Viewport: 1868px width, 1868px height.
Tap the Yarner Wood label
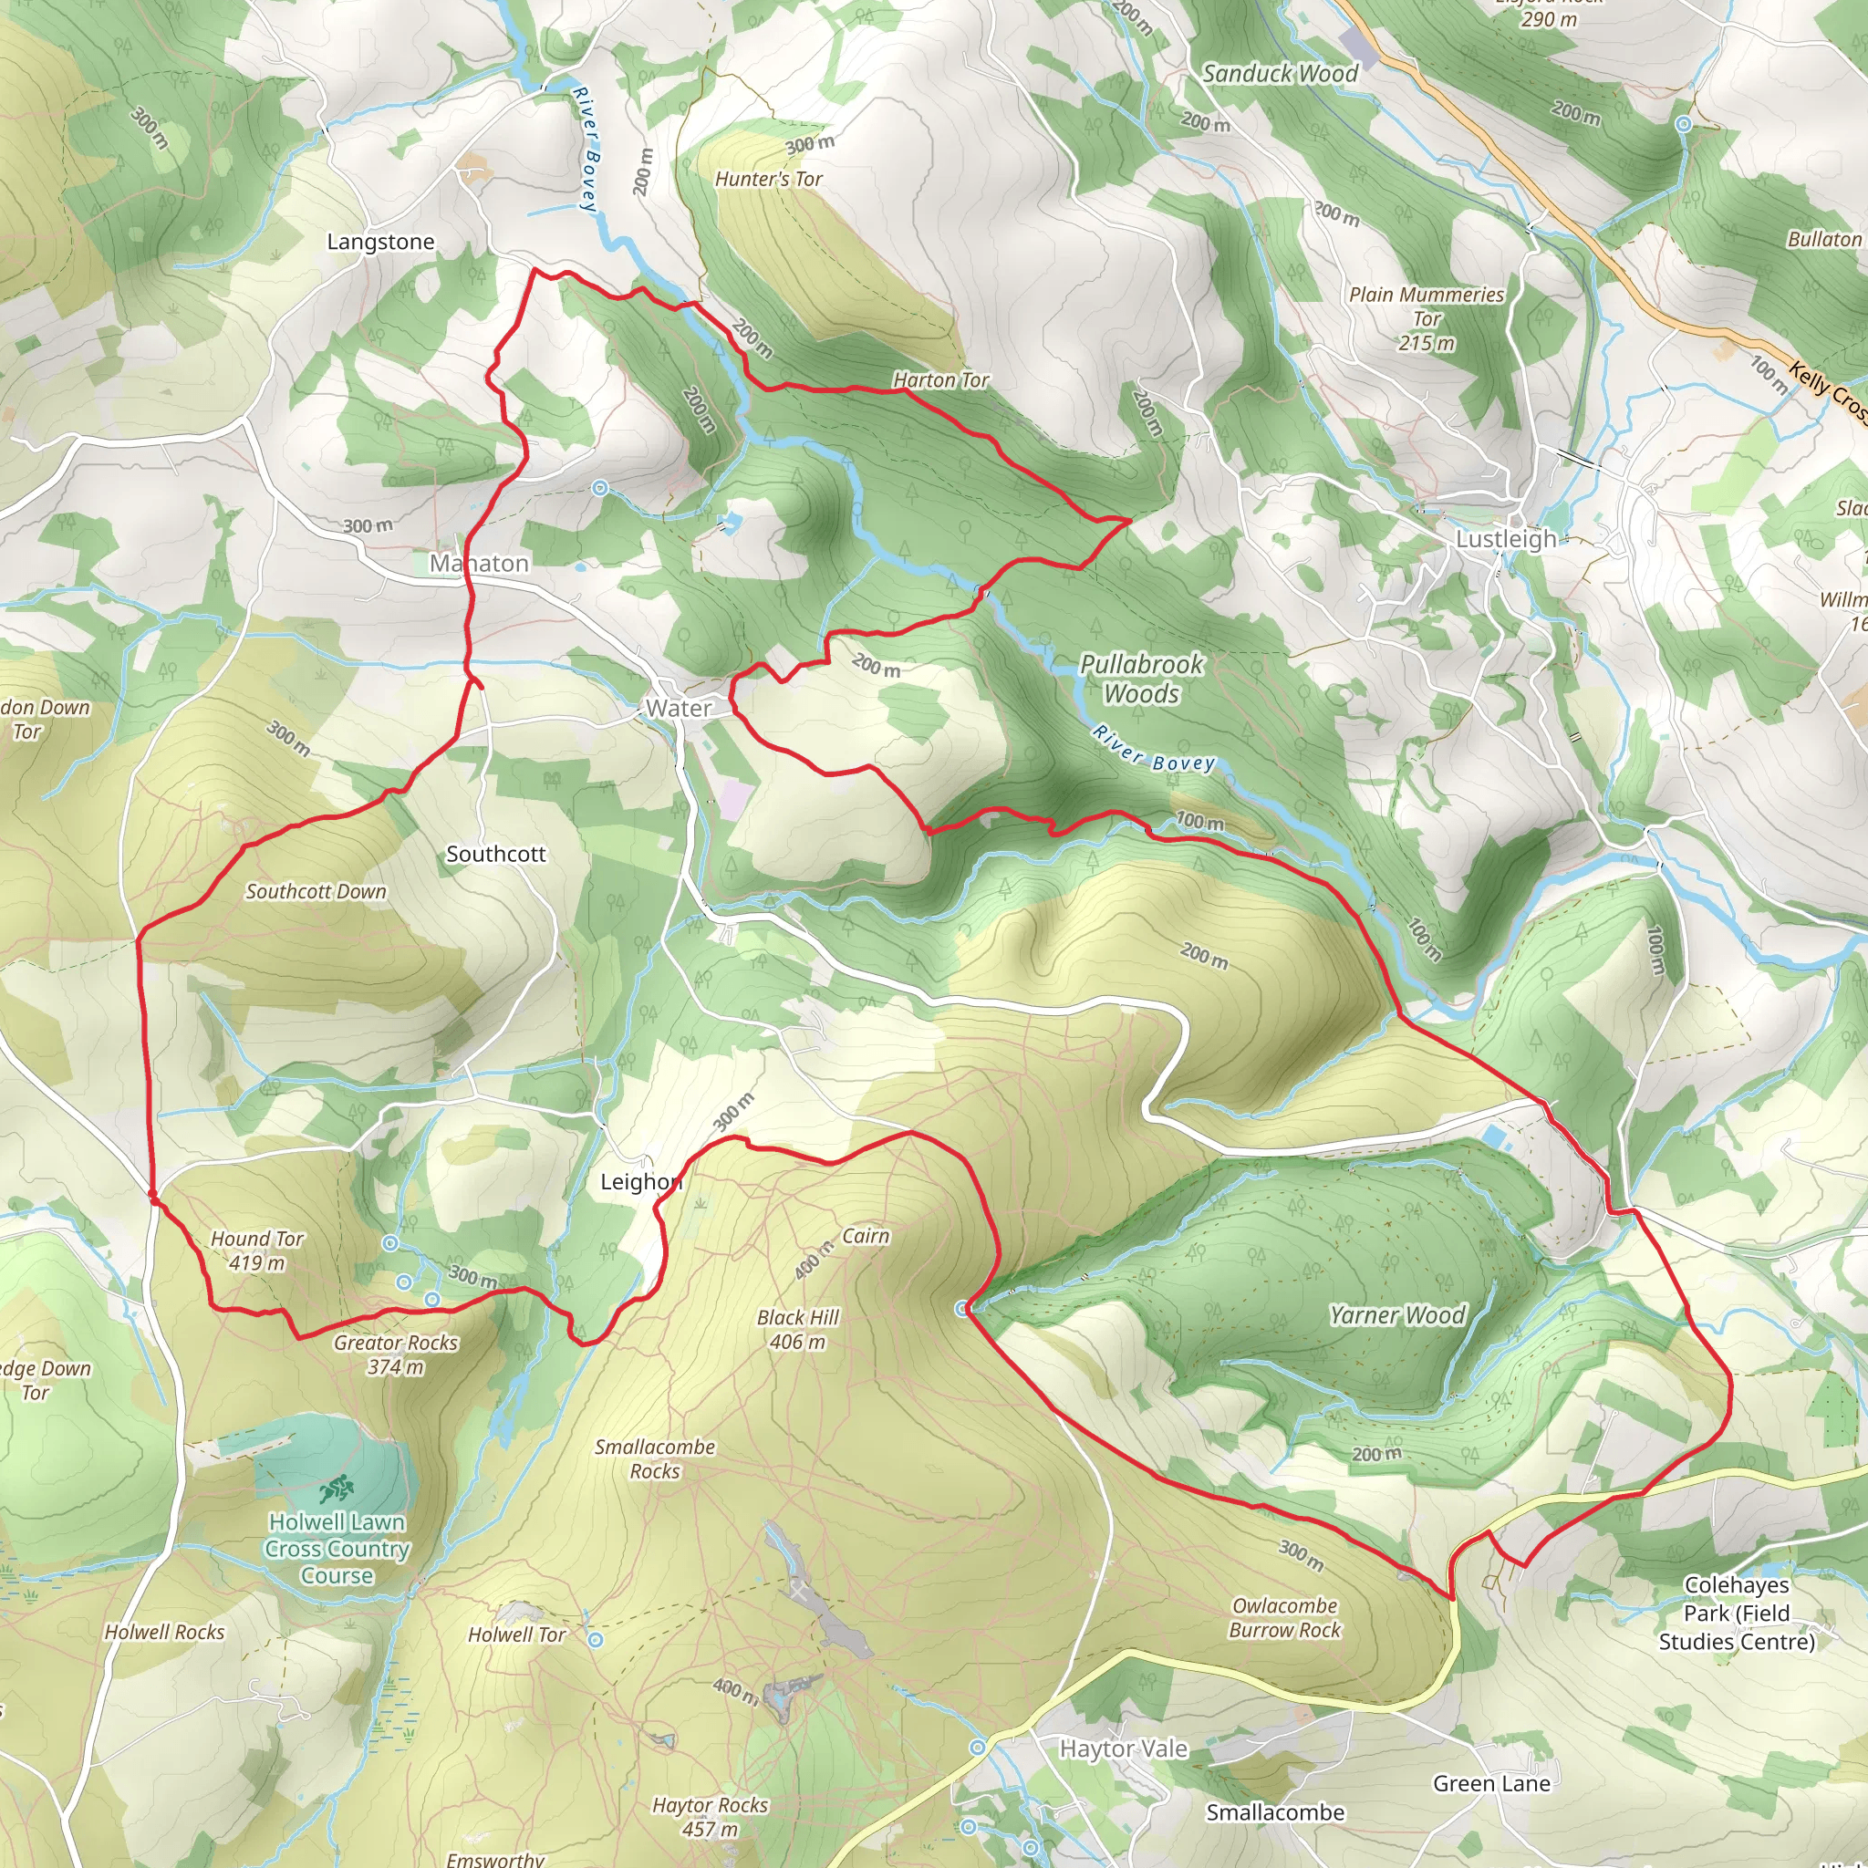pyautogui.click(x=1397, y=1315)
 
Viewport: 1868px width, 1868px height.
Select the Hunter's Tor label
pyautogui.click(x=769, y=179)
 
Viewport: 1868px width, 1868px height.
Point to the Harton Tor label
pyautogui.click(x=940, y=380)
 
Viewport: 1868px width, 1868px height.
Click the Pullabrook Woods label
pyautogui.click(x=1141, y=679)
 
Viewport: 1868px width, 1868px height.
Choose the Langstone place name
pyautogui.click(x=380, y=242)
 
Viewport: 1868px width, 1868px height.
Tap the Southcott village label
pyautogui.click(x=496, y=854)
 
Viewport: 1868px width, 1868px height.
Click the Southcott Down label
pyautogui.click(x=316, y=891)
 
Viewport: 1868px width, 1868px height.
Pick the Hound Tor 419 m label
pyautogui.click(x=257, y=1251)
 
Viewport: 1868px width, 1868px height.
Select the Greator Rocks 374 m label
pyautogui.click(x=396, y=1354)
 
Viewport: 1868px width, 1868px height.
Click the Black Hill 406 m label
pyautogui.click(x=798, y=1330)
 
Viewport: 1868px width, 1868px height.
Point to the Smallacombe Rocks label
pyautogui.click(x=655, y=1459)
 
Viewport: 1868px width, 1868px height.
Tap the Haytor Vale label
pyautogui.click(x=1124, y=1749)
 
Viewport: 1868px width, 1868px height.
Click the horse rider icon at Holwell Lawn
pyautogui.click(x=337, y=1489)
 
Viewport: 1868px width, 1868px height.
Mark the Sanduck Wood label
pyautogui.click(x=1280, y=74)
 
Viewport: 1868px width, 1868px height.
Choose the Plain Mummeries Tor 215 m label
pyautogui.click(x=1427, y=318)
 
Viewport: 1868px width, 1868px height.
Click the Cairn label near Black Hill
pyautogui.click(x=866, y=1236)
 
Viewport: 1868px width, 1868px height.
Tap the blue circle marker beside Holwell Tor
pyautogui.click(x=597, y=1640)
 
